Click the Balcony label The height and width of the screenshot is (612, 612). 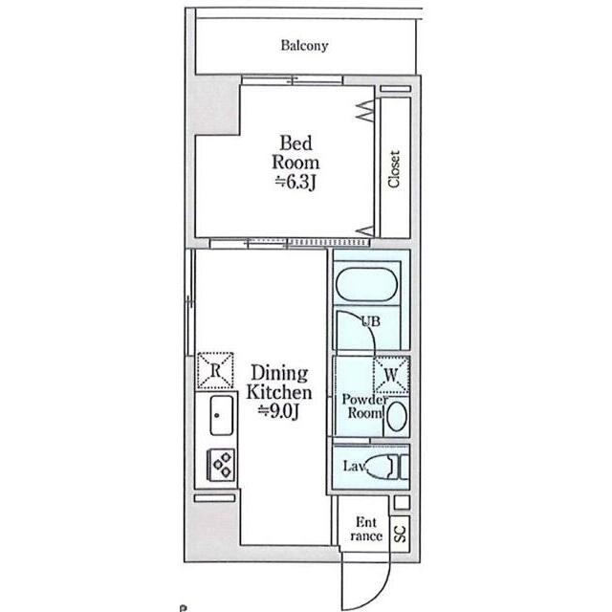click(x=304, y=46)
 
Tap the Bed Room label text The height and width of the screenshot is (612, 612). click(x=295, y=153)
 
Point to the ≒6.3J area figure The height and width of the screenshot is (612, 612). click(x=295, y=183)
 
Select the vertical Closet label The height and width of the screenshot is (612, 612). click(x=394, y=168)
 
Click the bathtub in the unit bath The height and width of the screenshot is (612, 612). click(x=366, y=285)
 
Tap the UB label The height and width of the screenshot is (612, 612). click(x=370, y=321)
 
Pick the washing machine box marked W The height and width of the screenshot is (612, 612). click(x=391, y=375)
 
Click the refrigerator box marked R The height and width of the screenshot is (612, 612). click(x=215, y=370)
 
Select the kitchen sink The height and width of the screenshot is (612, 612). click(x=221, y=415)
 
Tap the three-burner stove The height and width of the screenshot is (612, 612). click(x=221, y=465)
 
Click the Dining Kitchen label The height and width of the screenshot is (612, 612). click(x=279, y=382)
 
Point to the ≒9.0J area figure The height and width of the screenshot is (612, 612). click(x=279, y=410)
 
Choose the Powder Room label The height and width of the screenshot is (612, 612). click(x=364, y=405)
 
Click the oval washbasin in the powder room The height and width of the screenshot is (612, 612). click(x=398, y=416)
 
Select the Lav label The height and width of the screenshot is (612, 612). click(x=354, y=466)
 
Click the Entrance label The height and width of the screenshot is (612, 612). click(x=366, y=529)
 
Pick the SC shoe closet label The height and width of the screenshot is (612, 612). click(x=401, y=534)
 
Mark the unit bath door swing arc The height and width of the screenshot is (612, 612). click(x=366, y=324)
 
